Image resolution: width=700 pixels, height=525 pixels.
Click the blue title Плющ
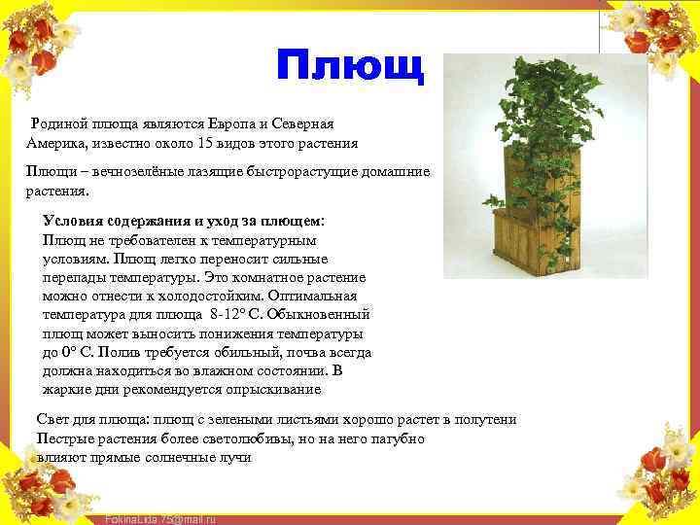click(x=350, y=66)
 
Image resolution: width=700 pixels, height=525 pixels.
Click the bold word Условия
click(x=77, y=221)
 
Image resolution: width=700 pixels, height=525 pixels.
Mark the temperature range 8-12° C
click(x=237, y=315)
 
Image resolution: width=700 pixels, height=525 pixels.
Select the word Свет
click(x=52, y=420)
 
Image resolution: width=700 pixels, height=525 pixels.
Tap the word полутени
click(x=484, y=420)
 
